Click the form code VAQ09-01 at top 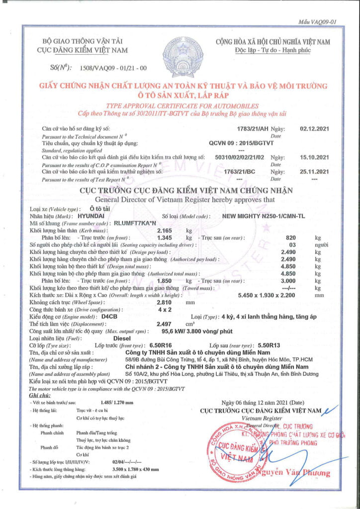coord(317,22)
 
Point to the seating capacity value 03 coord(292,245)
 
